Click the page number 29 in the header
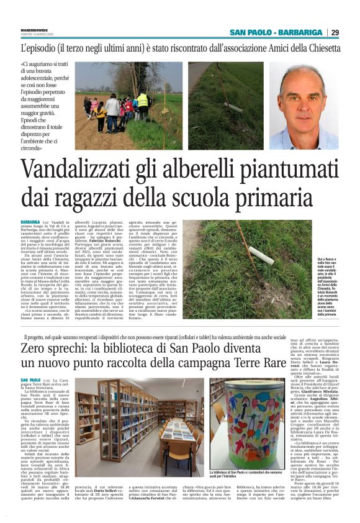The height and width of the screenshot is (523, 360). [335, 33]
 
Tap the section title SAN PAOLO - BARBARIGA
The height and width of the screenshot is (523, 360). [276, 33]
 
